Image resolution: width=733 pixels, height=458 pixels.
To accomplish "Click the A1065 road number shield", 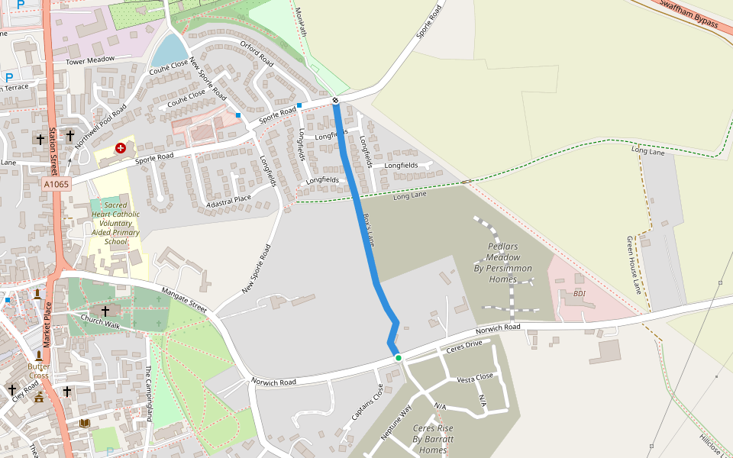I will tap(57, 185).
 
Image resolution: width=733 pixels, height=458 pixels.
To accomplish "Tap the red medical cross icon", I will tap(120, 147).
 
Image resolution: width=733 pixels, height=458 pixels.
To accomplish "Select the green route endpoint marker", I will tap(398, 357).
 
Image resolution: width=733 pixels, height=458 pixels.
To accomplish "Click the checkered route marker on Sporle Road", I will tap(335, 101).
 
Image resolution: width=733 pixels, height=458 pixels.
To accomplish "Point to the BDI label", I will tap(580, 293).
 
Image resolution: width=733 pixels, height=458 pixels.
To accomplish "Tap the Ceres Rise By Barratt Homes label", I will tap(433, 439).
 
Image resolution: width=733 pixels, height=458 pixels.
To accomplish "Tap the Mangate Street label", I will tap(184, 298).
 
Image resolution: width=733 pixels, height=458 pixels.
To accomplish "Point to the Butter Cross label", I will tap(39, 371).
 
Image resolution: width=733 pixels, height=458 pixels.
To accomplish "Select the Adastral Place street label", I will tap(228, 202).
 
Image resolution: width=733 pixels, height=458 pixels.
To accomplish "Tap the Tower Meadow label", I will tap(90, 60).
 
